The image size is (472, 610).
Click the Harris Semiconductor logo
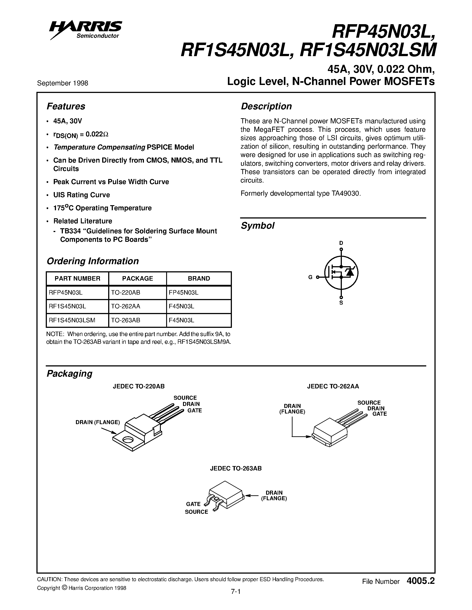tap(85, 30)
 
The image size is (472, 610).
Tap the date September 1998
tap(63, 83)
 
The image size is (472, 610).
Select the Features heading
tap(66, 106)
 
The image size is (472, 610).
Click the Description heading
tap(266, 106)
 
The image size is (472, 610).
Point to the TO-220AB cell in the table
tap(125, 292)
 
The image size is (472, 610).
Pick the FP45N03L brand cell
tap(183, 292)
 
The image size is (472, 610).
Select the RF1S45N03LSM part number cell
tap(72, 320)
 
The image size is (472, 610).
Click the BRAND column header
tap(199, 278)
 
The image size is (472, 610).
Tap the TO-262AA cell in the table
tap(125, 306)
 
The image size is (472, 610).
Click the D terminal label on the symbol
tap(341, 243)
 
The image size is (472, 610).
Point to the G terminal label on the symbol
tap(310, 277)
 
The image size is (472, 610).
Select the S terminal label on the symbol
tap(341, 303)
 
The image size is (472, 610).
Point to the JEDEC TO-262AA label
tap(333, 386)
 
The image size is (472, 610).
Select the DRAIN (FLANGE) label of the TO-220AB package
tap(98, 422)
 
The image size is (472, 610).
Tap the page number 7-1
tap(236, 592)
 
